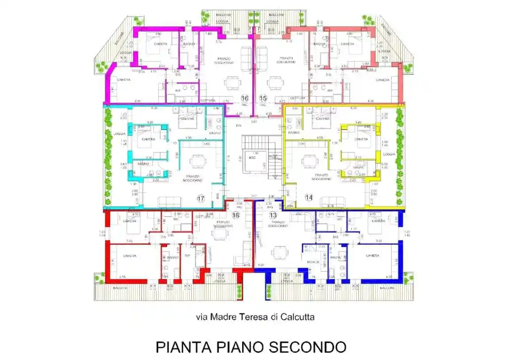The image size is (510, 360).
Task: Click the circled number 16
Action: pyautogui.click(x=244, y=98)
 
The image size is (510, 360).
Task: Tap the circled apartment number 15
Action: pyautogui.click(x=263, y=98)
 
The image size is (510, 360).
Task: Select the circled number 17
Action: pyautogui.click(x=201, y=199)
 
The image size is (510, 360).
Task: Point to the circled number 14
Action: pyautogui.click(x=308, y=197)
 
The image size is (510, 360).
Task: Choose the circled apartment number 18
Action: pyautogui.click(x=236, y=215)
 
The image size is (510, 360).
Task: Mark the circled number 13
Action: pyautogui.click(x=273, y=215)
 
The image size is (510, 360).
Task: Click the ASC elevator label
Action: pyautogui.click(x=252, y=157)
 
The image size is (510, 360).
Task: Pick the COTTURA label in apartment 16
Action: pyautogui.click(x=208, y=100)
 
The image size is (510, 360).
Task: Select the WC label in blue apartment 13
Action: pyautogui.click(x=340, y=220)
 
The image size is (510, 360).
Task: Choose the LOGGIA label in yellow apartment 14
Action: pyautogui.click(x=389, y=154)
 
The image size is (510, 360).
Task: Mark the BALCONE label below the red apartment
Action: pyautogui.click(x=120, y=288)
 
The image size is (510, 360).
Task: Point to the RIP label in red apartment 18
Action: pyautogui.click(x=187, y=256)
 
